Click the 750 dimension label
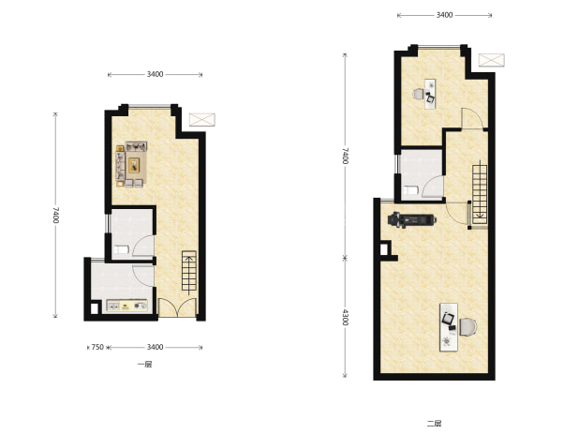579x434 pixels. (97, 347)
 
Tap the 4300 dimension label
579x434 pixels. (345, 317)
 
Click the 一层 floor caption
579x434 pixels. (144, 365)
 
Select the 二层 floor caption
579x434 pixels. (435, 424)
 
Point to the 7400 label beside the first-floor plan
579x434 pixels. (55, 215)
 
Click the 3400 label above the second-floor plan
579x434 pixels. (445, 15)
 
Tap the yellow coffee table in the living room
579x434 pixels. (134, 165)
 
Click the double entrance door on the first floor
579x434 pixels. (177, 307)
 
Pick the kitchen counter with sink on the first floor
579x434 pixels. (127, 306)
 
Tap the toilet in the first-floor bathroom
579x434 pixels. (121, 250)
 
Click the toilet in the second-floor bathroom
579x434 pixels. (411, 190)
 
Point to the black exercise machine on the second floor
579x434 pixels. (411, 220)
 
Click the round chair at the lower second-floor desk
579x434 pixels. (468, 327)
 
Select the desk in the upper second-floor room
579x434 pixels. (430, 94)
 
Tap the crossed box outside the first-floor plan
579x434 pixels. (202, 120)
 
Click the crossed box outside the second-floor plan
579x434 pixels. (492, 60)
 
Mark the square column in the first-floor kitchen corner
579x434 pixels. (95, 308)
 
